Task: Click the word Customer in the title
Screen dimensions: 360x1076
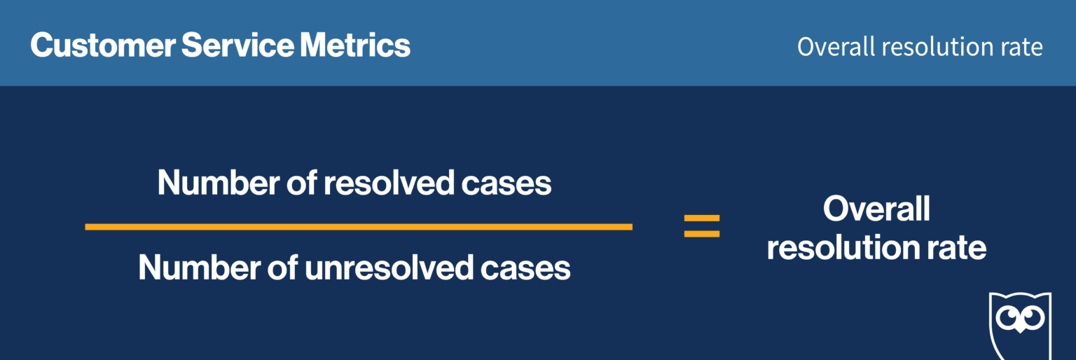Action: click(102, 46)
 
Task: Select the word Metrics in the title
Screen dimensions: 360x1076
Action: click(355, 46)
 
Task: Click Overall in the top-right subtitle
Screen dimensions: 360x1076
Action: click(835, 47)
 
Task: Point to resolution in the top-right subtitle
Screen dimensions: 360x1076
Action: click(938, 47)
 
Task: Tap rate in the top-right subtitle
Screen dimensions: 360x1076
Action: click(1023, 47)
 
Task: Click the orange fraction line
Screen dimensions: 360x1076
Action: click(358, 226)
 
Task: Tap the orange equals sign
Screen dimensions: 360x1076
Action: click(701, 226)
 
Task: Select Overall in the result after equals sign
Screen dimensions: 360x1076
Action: click(876, 209)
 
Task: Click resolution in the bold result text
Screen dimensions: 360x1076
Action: click(841, 248)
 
